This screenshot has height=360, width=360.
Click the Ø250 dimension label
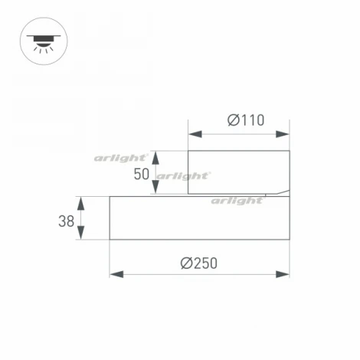[x=199, y=263]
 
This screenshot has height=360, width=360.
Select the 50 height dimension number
[x=142, y=174]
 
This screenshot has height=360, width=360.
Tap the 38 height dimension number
[x=66, y=221]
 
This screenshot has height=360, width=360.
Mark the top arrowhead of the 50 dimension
[x=157, y=155]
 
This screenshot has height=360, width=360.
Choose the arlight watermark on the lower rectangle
[x=237, y=201]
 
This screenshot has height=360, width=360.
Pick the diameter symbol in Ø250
[x=186, y=263]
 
